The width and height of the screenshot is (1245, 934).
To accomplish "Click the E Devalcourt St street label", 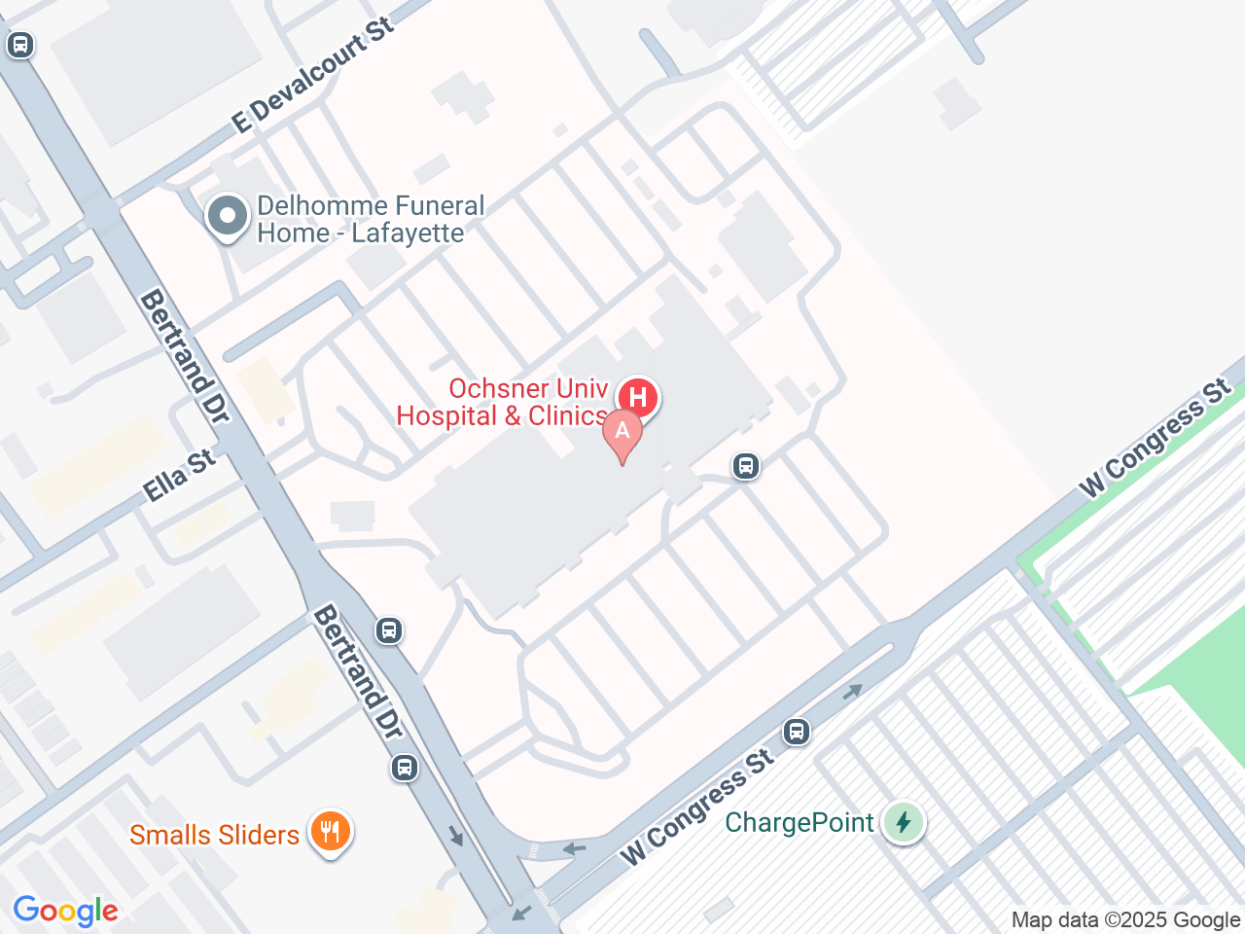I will (313, 75).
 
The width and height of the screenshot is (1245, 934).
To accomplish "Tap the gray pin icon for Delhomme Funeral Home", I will (228, 217).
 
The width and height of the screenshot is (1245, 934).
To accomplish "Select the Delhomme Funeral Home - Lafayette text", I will (371, 220).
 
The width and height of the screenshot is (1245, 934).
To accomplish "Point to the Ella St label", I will (179, 475).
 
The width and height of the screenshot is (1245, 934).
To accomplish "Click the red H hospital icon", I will (638, 397).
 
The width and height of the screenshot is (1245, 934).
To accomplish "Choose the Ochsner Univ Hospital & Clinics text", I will (503, 402).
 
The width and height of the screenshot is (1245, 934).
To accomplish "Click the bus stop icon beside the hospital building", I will (746, 466).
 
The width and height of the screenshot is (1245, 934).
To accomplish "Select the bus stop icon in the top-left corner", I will (20, 45).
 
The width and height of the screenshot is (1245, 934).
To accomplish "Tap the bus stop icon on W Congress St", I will (797, 731).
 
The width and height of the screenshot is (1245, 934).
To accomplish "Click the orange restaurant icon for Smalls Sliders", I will (331, 832).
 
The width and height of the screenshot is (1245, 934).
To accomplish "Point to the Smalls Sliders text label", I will (214, 835).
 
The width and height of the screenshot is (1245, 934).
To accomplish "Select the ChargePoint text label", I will (800, 823).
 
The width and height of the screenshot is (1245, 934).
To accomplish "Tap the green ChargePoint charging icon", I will (904, 823).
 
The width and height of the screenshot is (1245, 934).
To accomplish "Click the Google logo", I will (65, 912).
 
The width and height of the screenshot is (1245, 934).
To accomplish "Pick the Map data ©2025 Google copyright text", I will (1125, 919).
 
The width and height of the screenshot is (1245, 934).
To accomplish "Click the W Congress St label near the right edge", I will (1156, 438).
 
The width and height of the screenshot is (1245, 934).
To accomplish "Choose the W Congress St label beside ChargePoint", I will (697, 808).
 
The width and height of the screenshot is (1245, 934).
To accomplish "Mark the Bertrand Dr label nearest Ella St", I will (185, 356).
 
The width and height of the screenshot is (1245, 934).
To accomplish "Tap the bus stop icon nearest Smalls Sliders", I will (405, 768).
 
